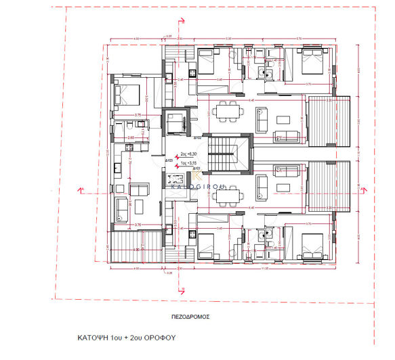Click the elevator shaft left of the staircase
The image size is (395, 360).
(x=178, y=124)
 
